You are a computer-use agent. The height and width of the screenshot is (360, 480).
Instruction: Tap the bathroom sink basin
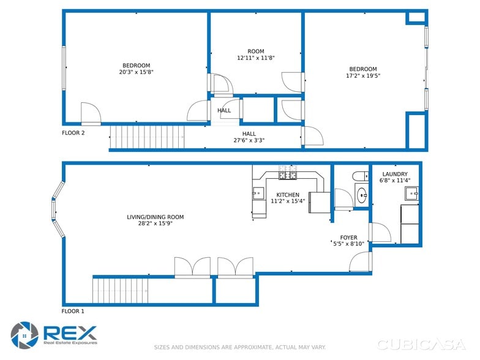click(x=362, y=196)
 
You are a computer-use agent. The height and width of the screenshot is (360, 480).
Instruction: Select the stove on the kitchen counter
click(x=288, y=176)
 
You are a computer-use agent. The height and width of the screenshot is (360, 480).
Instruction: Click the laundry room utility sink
click(x=411, y=194)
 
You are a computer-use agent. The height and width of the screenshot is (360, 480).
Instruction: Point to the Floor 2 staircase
click(x=147, y=136)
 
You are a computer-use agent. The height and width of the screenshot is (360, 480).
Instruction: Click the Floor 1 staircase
click(x=121, y=290)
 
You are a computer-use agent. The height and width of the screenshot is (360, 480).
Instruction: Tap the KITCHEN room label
click(x=287, y=195)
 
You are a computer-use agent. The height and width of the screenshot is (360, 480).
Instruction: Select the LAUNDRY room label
click(x=394, y=174)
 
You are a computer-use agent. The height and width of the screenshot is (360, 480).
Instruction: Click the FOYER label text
click(x=348, y=238)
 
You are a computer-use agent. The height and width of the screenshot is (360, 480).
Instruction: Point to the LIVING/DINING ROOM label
click(x=155, y=217)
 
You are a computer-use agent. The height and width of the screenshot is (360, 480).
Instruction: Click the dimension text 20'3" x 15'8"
click(x=136, y=72)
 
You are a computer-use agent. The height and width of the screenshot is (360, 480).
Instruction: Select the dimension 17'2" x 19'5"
click(x=363, y=76)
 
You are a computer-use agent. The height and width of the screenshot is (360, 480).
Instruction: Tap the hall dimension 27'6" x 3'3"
click(x=249, y=140)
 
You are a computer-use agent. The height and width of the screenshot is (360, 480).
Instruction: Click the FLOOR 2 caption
click(x=73, y=132)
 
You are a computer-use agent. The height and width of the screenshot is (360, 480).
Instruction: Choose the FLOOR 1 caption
click(x=73, y=311)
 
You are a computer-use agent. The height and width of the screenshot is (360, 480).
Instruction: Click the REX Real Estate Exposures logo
click(x=54, y=334)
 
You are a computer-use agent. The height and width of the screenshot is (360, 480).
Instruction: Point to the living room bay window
click(x=58, y=209)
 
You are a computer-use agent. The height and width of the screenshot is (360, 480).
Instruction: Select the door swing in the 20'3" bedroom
click(x=91, y=113)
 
